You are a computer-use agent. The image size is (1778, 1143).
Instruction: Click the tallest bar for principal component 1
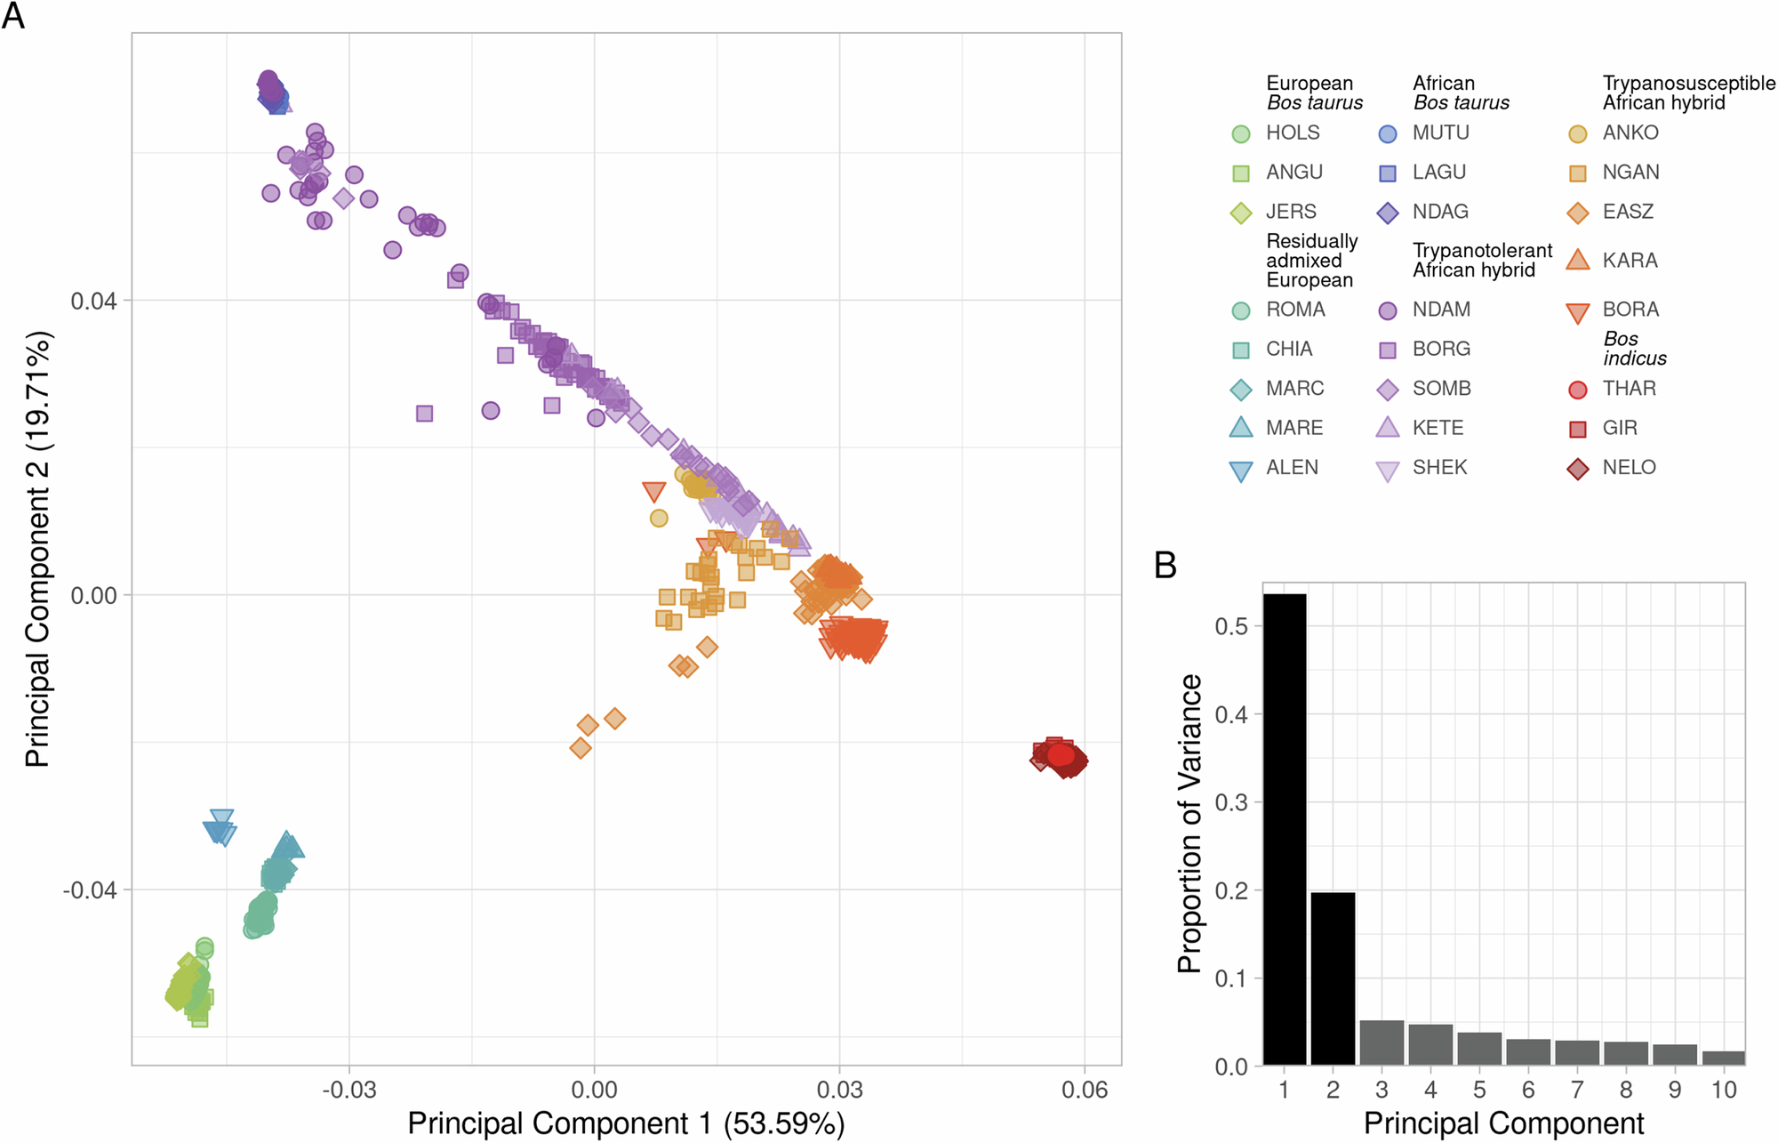(1285, 827)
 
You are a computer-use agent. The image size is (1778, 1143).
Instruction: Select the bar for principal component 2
(1333, 978)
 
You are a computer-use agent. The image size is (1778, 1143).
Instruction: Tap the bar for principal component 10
(1723, 1058)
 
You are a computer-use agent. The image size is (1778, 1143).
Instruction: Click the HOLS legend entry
(1292, 133)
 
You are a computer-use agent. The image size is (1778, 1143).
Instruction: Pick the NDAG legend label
(1440, 212)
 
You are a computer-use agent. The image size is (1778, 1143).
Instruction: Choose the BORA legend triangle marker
(1577, 312)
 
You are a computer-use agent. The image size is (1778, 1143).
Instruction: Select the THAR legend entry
(1629, 389)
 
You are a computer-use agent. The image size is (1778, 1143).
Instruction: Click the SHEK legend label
(1439, 468)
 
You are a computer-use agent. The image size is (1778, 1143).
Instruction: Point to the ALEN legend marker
(1240, 471)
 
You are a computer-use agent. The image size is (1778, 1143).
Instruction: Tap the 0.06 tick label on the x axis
(1085, 1090)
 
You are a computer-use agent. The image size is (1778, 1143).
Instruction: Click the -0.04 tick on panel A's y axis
(89, 890)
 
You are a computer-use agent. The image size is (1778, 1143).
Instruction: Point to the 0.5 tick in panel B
(1231, 626)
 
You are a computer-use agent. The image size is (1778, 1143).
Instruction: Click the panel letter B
(1165, 566)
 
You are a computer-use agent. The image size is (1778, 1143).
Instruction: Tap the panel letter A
(13, 15)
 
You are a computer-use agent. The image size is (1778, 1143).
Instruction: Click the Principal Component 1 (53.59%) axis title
(626, 1123)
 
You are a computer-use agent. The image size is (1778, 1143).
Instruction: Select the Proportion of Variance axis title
(1189, 823)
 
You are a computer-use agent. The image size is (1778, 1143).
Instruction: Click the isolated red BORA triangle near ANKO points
(653, 491)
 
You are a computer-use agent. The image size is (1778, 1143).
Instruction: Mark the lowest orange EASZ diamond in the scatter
(581, 748)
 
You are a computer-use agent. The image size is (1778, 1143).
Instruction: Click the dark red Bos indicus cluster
(1061, 757)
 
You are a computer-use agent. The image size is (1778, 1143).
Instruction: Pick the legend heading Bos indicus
(1634, 349)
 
